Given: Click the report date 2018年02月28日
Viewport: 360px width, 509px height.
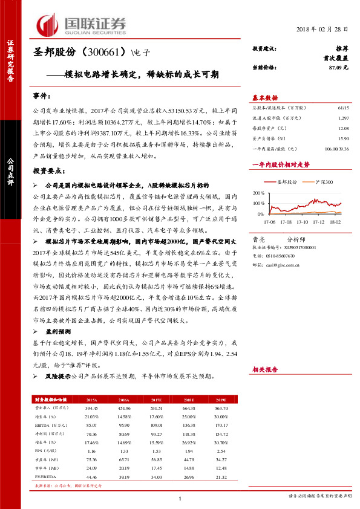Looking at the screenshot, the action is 322,29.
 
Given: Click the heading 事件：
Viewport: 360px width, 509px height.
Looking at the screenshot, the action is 42,97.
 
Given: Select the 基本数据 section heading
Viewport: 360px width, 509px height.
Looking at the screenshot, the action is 265,98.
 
